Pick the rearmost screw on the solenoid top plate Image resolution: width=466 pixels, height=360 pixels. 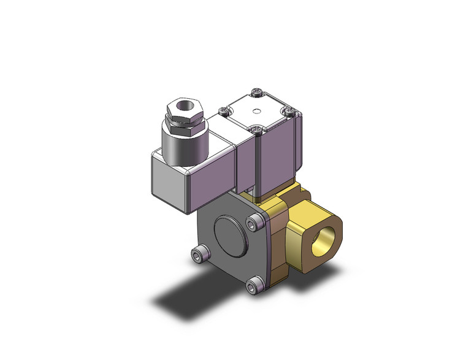[x=256, y=94]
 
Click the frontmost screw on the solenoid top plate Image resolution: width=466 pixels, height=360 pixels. [x=256, y=129]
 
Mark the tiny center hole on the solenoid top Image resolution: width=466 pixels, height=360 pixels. [x=257, y=111]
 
